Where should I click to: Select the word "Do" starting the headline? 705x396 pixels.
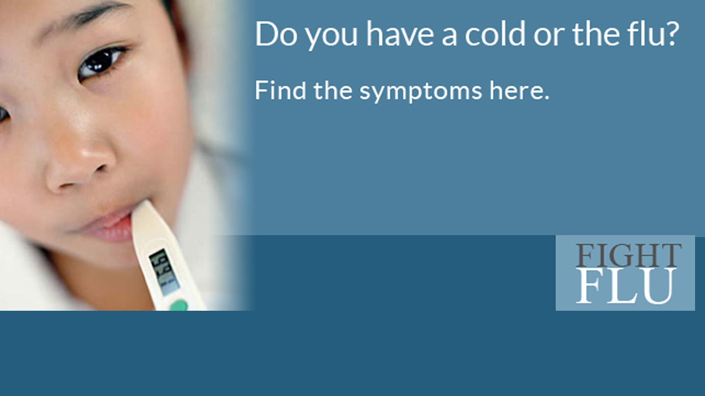[x=276, y=34]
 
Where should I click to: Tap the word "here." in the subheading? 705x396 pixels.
[x=519, y=91]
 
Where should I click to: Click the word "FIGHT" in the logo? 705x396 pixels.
[x=628, y=255]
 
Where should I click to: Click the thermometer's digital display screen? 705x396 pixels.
[x=164, y=272]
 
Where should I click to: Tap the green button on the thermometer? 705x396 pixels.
[x=178, y=305]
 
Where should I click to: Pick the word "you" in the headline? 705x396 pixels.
[x=332, y=37]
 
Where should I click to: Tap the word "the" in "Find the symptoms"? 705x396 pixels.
[x=333, y=90]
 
